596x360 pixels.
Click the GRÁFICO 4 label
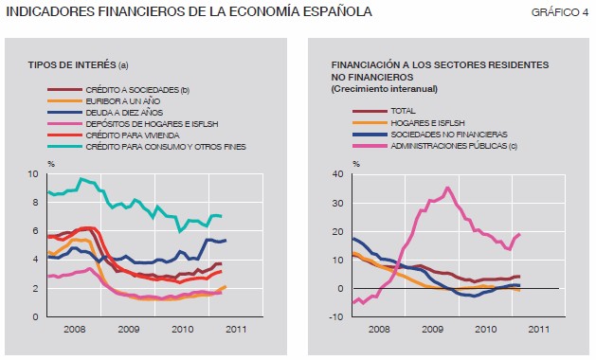(559, 12)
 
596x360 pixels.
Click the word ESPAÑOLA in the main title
(337, 11)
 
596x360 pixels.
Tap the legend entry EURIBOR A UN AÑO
(123, 101)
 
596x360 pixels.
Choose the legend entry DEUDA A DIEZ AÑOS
(124, 113)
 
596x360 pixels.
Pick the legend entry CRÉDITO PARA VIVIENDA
(133, 135)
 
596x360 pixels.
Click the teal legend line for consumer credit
(64, 146)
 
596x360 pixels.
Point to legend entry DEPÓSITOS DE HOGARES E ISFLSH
(152, 124)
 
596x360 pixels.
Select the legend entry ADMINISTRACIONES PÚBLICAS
(454, 146)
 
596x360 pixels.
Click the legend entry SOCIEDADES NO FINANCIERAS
(449, 135)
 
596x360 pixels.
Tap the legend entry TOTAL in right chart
(403, 111)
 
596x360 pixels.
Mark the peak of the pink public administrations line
(447, 188)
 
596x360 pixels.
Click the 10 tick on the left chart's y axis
(33, 174)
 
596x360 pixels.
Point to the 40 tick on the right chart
(338, 174)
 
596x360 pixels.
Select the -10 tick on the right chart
(336, 316)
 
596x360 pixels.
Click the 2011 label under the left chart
(236, 329)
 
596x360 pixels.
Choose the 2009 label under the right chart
(433, 329)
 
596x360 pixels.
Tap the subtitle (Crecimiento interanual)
(385, 89)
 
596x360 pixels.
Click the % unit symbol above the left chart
(51, 164)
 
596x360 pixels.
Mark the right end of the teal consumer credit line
(221, 216)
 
